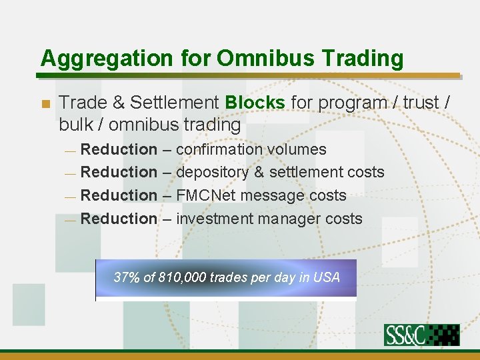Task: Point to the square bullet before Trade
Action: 45,104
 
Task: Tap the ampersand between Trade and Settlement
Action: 119,103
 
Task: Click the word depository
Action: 211,173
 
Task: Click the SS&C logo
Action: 421,335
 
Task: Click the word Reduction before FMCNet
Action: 119,196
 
